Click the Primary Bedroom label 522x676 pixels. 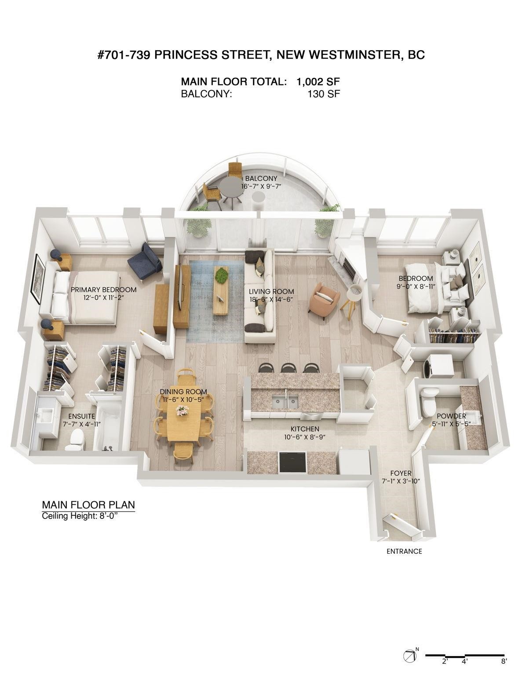coord(103,290)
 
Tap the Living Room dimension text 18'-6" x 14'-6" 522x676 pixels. coord(271,299)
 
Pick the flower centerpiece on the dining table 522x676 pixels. coord(181,410)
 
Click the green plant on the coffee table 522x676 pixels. coord(222,276)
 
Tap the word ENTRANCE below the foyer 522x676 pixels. coord(404,551)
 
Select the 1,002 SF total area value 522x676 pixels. coord(318,81)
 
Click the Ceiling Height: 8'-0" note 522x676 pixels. coord(80,516)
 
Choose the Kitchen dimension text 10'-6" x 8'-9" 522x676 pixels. coord(304,437)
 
